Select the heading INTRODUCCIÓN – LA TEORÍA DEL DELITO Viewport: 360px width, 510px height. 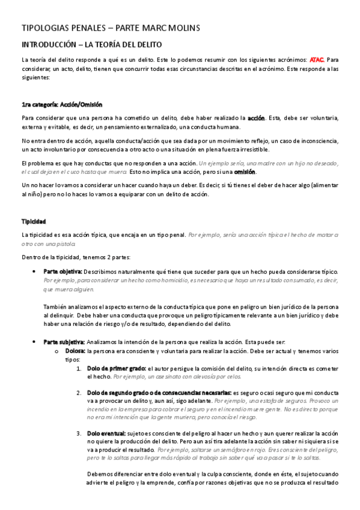[91, 45]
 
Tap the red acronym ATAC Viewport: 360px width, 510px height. [317, 60]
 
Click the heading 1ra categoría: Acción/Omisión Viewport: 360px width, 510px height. [62, 104]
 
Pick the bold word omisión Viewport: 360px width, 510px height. [245, 171]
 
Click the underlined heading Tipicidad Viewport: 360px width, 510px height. [34, 222]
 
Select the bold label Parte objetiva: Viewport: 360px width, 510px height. [63, 271]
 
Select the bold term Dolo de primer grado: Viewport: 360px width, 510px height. [117, 368]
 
